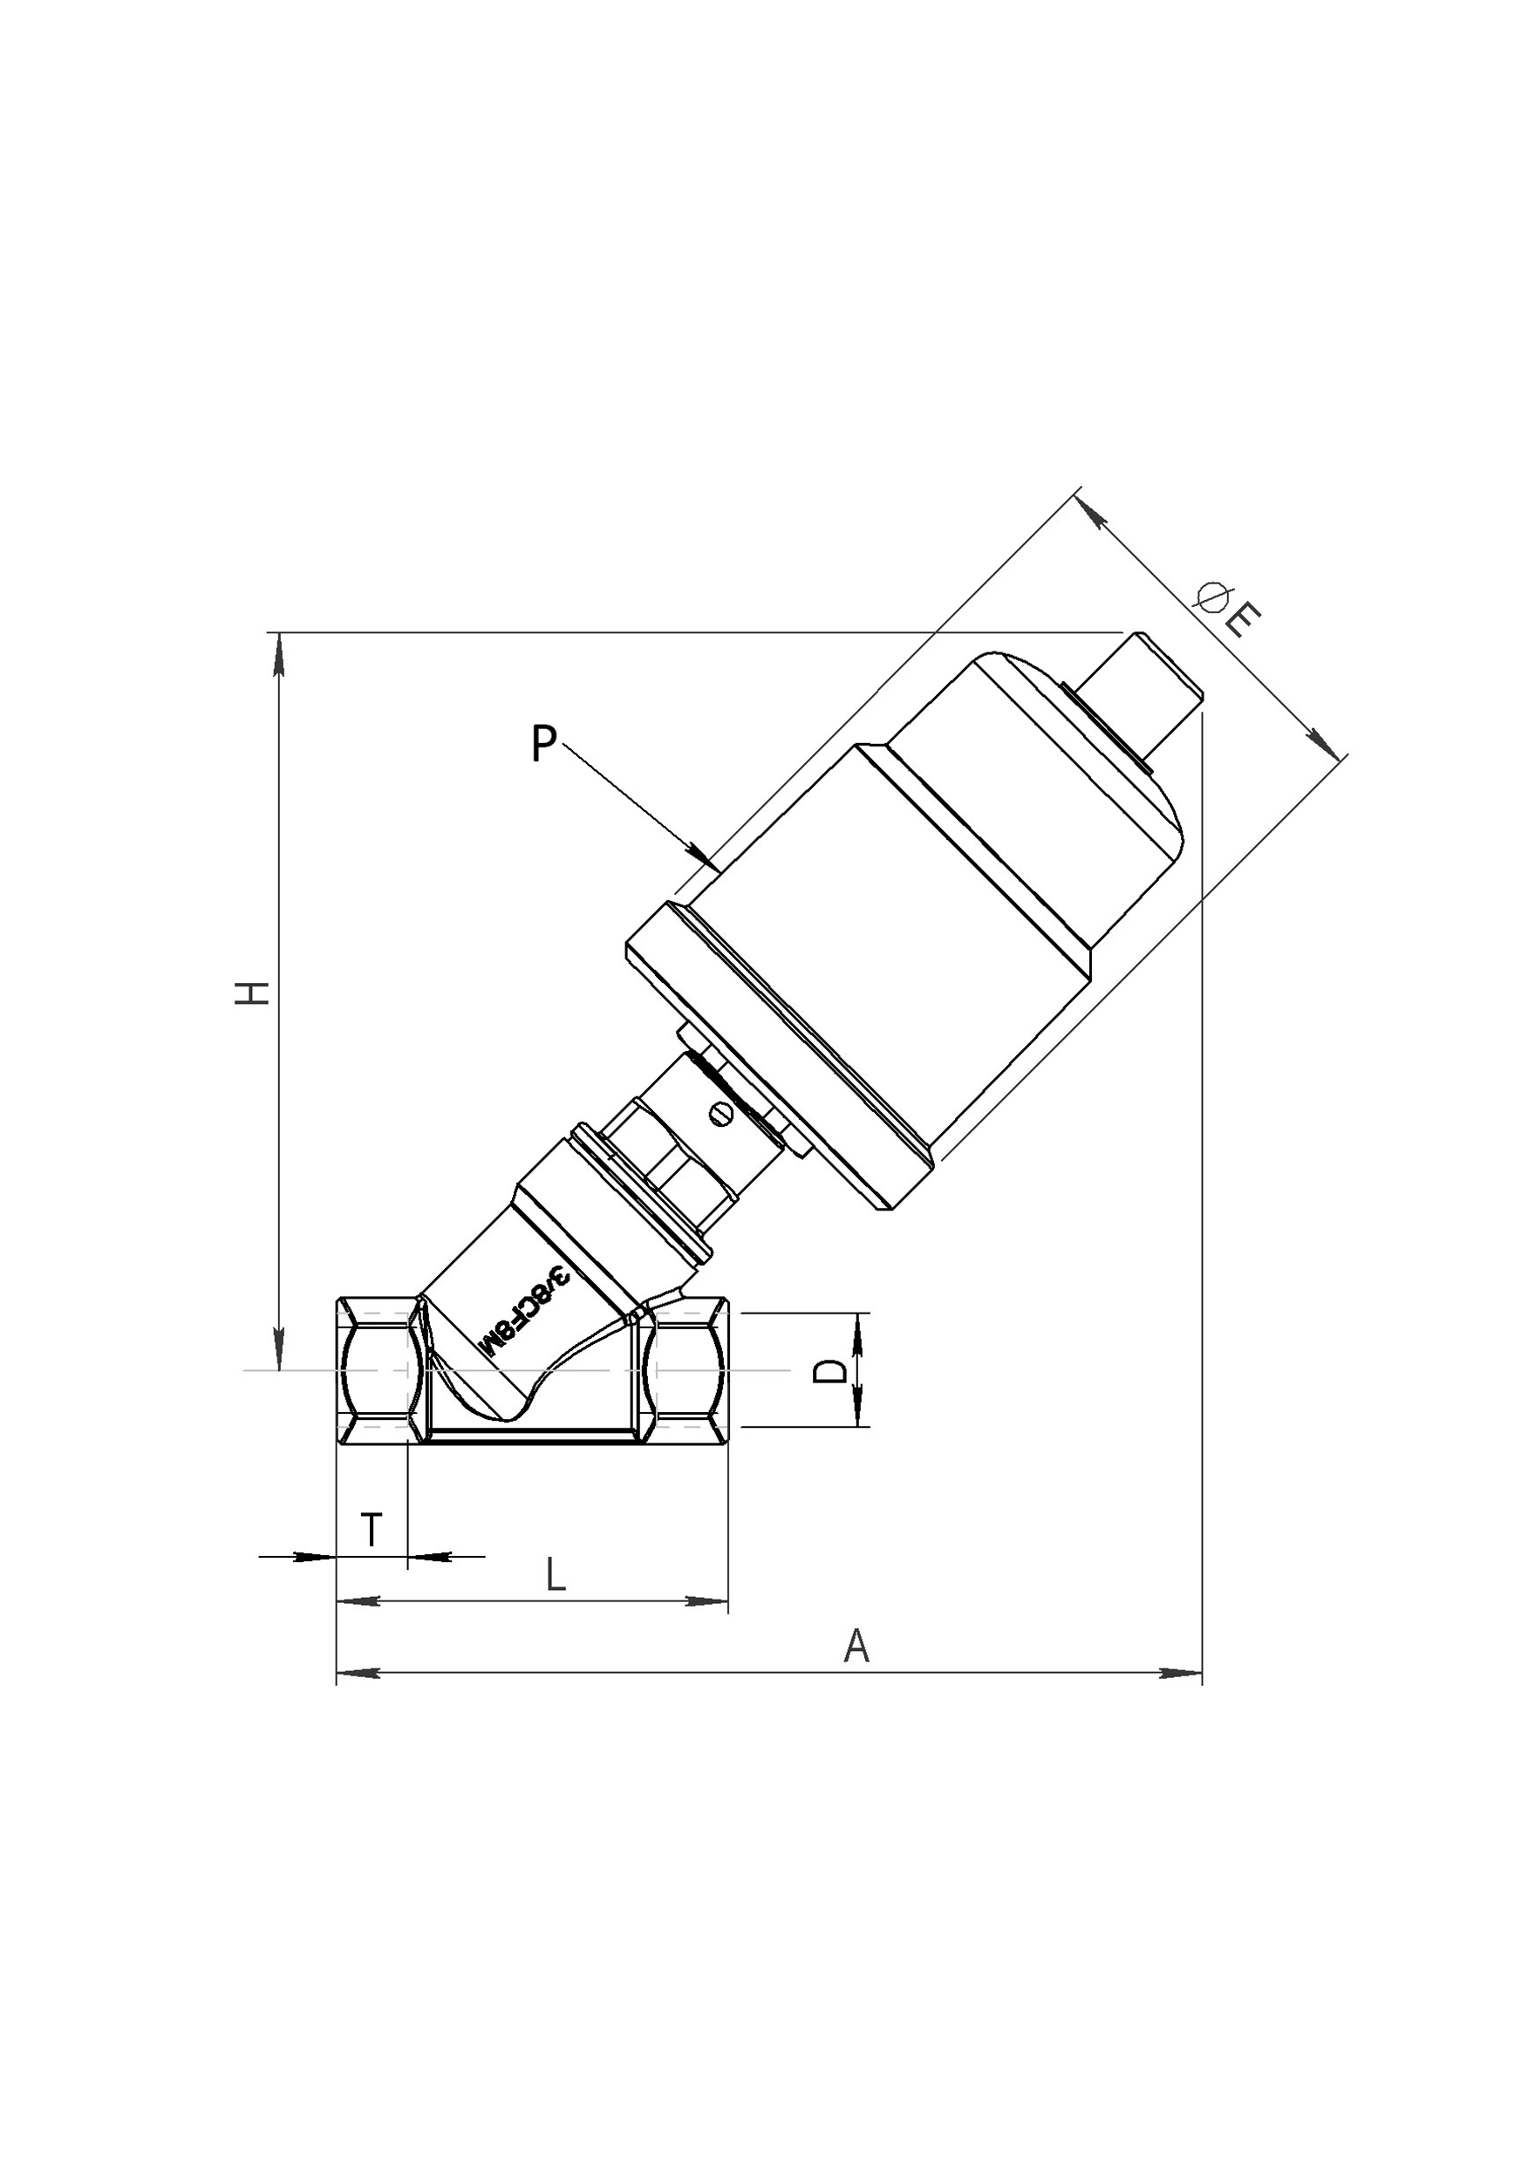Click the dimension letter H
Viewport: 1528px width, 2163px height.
click(x=252, y=992)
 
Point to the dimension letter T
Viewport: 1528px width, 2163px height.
click(x=372, y=1529)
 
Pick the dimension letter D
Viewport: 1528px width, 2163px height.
click(x=829, y=1371)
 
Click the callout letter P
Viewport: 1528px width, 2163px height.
click(x=543, y=743)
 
